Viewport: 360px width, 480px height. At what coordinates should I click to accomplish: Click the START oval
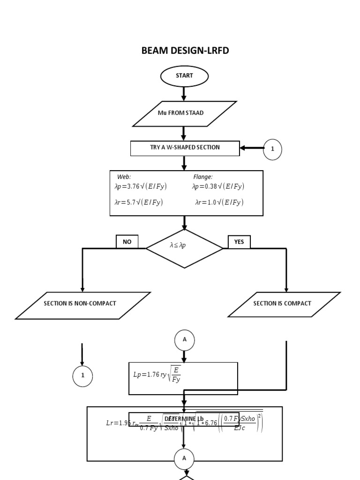(184, 76)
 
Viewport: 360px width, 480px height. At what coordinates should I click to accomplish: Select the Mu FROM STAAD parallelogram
(184, 113)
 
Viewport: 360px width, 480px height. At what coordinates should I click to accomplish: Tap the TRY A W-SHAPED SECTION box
(185, 148)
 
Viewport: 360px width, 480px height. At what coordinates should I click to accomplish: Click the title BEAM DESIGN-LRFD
(185, 51)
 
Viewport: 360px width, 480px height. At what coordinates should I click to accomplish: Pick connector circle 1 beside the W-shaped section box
(272, 149)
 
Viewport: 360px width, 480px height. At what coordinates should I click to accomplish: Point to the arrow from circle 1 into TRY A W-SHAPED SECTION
(252, 148)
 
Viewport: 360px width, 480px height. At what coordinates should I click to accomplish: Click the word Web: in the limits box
(124, 177)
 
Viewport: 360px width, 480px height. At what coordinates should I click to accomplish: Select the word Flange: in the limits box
(203, 177)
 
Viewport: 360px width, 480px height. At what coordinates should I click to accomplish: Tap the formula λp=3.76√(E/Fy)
(141, 187)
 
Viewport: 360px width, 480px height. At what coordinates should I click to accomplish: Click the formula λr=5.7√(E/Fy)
(139, 202)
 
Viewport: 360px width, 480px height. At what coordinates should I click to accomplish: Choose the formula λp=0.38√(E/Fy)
(218, 187)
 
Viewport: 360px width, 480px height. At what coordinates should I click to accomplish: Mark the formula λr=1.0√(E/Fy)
(219, 202)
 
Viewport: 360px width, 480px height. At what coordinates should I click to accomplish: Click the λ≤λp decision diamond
(184, 248)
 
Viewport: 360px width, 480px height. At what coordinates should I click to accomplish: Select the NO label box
(127, 242)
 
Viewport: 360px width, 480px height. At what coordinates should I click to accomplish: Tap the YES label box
(239, 242)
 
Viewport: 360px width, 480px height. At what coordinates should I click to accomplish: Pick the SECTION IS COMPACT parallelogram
(284, 304)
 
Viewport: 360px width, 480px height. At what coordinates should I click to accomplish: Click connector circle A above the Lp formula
(184, 340)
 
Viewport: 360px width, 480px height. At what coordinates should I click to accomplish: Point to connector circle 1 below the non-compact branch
(82, 376)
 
